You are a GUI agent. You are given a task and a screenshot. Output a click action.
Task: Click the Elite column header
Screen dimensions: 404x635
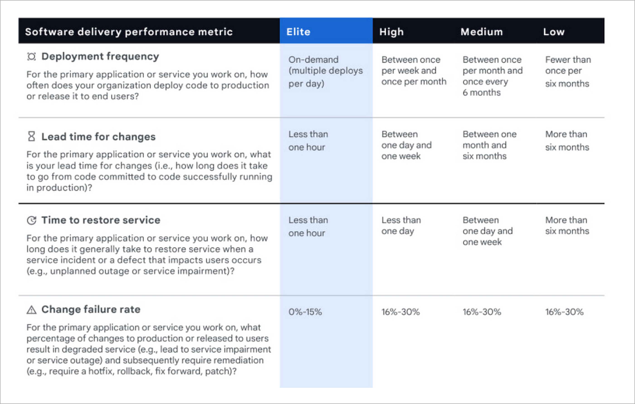[x=298, y=32]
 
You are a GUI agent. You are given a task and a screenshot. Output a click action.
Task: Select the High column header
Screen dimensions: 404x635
[x=391, y=32]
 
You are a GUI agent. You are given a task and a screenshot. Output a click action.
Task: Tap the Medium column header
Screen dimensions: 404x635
[x=481, y=32]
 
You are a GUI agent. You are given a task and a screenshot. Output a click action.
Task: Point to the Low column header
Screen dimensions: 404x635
[x=554, y=32]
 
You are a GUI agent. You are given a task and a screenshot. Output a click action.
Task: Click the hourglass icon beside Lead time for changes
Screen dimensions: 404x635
[x=31, y=136]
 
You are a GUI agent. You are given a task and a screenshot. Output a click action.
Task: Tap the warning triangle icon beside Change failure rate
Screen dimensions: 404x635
[x=31, y=310]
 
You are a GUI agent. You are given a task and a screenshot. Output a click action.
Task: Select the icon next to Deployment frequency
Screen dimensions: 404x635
[x=31, y=56]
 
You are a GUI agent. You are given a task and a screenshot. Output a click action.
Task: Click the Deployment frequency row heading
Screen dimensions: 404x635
[x=100, y=56]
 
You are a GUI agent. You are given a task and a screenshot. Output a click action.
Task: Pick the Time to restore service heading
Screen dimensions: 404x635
[x=101, y=220]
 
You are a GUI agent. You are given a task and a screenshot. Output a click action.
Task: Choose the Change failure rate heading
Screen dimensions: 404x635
[x=91, y=309]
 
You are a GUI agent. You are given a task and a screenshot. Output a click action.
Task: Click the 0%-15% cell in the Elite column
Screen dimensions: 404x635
[x=305, y=312]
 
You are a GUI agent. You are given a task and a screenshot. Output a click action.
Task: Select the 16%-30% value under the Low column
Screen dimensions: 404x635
[x=564, y=312]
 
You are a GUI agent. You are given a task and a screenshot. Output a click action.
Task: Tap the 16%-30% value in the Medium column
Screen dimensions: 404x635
[x=482, y=312]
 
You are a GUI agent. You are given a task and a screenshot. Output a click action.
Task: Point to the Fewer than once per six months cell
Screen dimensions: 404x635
[x=567, y=71]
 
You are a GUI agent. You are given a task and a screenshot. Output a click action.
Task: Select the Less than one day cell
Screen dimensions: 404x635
[x=401, y=226]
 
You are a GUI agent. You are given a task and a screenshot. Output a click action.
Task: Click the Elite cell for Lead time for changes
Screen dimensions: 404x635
[x=308, y=141]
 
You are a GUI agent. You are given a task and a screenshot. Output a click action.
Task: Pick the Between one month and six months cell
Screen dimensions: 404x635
[x=489, y=145]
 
